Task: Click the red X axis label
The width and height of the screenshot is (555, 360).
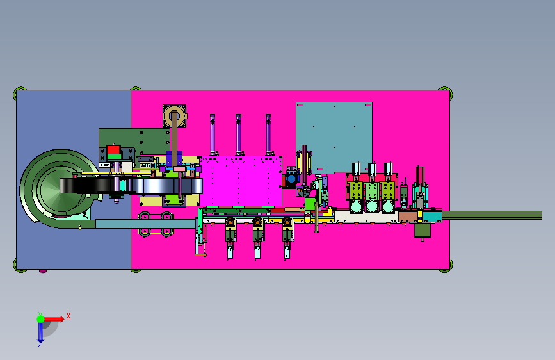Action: (68, 316)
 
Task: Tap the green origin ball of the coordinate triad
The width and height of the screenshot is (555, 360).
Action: (41, 319)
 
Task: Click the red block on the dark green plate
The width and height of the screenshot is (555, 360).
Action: (113, 149)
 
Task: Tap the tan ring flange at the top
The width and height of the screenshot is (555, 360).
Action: (175, 116)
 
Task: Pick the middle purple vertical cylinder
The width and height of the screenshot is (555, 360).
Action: (238, 135)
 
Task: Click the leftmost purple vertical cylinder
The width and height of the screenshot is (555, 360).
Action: (213, 135)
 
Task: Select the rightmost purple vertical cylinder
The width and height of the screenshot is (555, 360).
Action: (268, 135)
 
